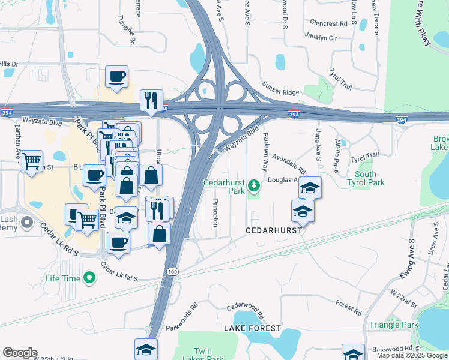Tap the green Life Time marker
tap(89, 278)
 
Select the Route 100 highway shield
tap(172, 272)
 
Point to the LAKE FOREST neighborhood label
tap(252, 328)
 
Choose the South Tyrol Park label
tap(366, 178)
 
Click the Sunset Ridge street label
tap(282, 92)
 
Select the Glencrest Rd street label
tap(329, 23)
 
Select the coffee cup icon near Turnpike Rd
tap(116, 77)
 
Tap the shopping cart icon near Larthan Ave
tap(31, 161)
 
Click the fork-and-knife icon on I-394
tap(152, 101)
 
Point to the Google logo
tap(20, 353)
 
